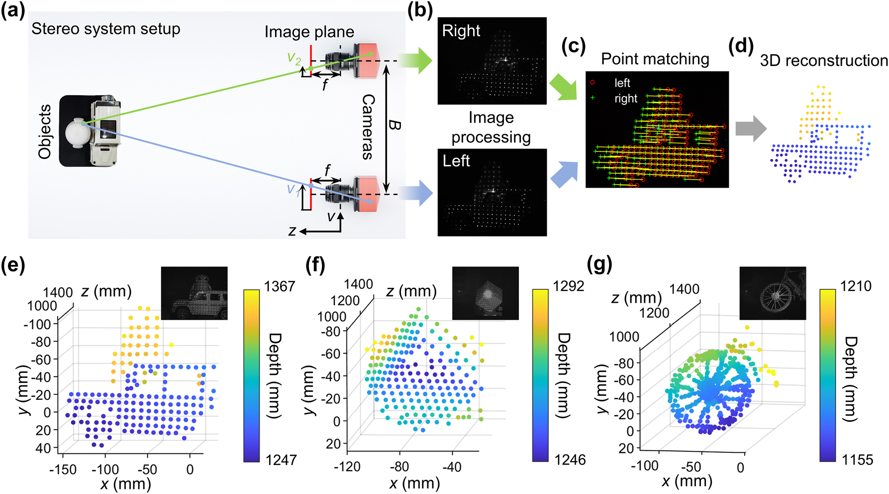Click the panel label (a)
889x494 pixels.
click(13, 10)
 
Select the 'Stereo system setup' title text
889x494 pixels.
click(105, 29)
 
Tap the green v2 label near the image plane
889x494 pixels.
click(294, 58)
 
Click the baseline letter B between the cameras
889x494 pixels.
click(394, 124)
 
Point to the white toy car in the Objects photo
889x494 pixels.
click(105, 130)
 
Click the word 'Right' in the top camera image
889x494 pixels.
click(461, 31)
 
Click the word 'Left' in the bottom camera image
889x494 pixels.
click(456, 161)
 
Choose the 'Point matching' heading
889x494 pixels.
click(655, 59)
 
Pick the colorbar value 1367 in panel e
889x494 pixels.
click(280, 286)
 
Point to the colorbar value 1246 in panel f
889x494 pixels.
click(570, 459)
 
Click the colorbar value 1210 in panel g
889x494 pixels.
click(856, 286)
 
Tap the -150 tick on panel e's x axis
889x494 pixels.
click(63, 469)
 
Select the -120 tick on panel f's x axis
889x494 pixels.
click(347, 467)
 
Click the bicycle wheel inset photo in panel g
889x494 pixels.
click(772, 293)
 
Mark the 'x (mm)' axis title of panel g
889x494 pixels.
click(687, 481)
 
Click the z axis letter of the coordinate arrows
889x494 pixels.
click(292, 231)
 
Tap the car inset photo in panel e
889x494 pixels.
click(194, 293)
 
